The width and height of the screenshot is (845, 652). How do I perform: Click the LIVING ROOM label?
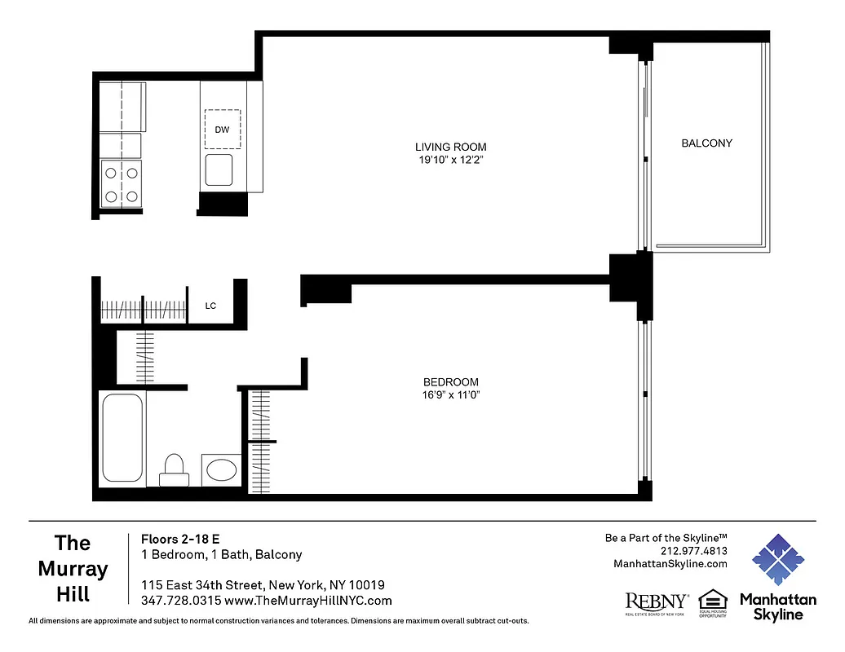[450, 148]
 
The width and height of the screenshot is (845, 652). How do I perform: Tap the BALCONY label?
[706, 143]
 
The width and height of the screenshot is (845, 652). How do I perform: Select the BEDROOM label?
[450, 382]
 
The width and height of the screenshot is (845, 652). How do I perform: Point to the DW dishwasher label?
[222, 130]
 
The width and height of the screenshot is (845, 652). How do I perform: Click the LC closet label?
[210, 306]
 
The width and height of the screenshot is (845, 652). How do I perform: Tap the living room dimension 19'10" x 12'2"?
[450, 161]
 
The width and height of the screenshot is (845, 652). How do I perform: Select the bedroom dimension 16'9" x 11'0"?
[450, 395]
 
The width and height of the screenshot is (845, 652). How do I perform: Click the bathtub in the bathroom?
[122, 438]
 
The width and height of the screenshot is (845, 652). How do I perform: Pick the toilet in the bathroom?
[174, 468]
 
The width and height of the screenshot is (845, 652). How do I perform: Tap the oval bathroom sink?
[221, 469]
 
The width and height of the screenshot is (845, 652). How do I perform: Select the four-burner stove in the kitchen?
[121, 183]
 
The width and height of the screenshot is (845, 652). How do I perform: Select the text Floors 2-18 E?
[180, 539]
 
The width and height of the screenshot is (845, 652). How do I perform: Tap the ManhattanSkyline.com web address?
[670, 564]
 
